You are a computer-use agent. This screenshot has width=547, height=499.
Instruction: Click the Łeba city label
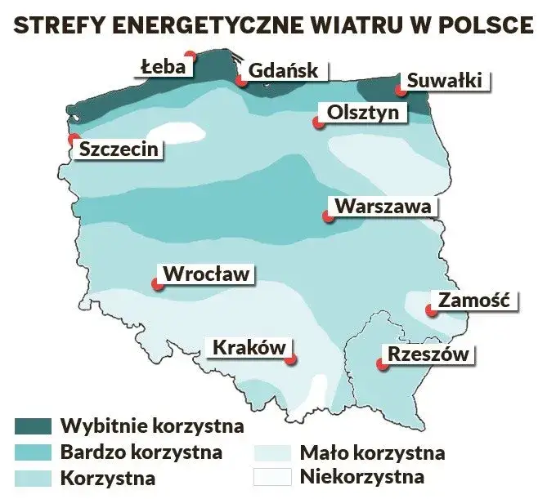(x=162, y=67)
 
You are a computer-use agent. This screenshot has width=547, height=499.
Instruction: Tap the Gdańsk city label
(x=282, y=71)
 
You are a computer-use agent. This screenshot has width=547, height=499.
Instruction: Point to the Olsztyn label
(x=362, y=113)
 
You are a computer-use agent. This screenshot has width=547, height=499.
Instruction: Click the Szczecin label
(x=119, y=149)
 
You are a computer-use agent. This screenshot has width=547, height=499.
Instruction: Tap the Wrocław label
(x=206, y=274)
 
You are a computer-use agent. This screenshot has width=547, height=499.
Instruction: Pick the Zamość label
(x=473, y=301)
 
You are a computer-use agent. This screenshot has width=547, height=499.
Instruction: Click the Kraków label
(x=249, y=347)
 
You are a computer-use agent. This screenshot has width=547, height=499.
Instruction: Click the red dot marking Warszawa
(x=327, y=217)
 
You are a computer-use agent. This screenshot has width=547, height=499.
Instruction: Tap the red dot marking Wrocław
(x=155, y=284)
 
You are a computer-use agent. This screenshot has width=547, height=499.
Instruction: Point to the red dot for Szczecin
(x=74, y=139)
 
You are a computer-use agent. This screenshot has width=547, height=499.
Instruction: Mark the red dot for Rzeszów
(x=381, y=364)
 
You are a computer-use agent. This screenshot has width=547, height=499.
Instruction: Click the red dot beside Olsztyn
(x=316, y=123)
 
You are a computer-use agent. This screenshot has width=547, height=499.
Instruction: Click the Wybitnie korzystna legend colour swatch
(x=32, y=426)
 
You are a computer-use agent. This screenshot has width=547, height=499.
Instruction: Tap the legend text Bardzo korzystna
(x=141, y=451)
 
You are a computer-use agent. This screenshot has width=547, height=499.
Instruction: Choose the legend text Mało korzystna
(x=372, y=452)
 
